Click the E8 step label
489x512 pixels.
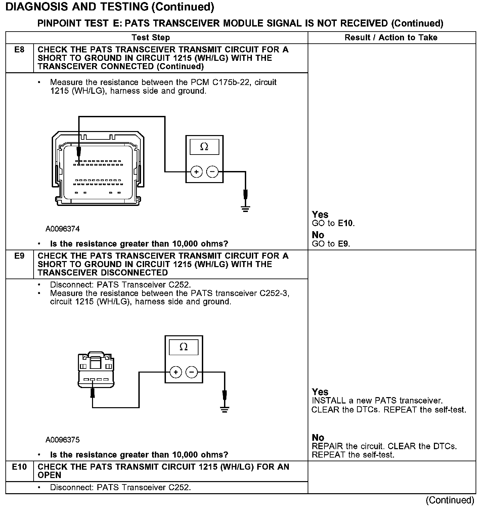pyautogui.click(x=19, y=50)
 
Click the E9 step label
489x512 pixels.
pyautogui.click(x=19, y=256)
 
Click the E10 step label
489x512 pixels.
pyautogui.click(x=19, y=467)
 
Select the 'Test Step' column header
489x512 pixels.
pyautogui.click(x=151, y=38)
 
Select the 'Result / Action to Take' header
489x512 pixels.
pyautogui.click(x=391, y=38)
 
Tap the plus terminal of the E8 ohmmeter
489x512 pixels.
pyautogui.click(x=196, y=172)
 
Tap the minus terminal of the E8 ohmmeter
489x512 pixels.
pyautogui.click(x=212, y=172)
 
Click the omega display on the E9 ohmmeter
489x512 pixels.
pyautogui.click(x=183, y=347)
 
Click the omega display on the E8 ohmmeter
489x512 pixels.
pyautogui.click(x=204, y=147)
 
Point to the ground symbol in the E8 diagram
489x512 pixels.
pyautogui.click(x=246, y=209)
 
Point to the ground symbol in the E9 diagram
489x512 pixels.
pyautogui.click(x=225, y=409)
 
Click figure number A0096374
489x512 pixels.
pyautogui.click(x=63, y=229)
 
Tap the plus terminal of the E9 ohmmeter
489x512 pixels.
pyautogui.click(x=176, y=372)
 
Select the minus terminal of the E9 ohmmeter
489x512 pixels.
pyautogui.click(x=191, y=372)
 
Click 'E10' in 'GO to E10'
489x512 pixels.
pyautogui.click(x=346, y=223)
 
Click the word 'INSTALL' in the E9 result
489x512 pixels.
pyautogui.click(x=329, y=401)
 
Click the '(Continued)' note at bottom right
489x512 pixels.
pyautogui.click(x=450, y=500)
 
